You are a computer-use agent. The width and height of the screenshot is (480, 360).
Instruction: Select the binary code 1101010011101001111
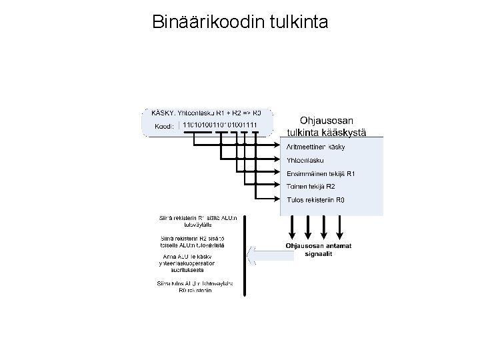coord(220,125)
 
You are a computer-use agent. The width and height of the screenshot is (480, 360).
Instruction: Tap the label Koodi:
coord(164,125)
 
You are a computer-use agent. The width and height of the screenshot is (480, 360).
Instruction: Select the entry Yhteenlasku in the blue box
coord(305,161)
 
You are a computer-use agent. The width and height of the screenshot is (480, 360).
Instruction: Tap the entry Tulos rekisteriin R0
coord(316,199)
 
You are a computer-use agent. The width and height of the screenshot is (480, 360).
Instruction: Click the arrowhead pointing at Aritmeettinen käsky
coord(278,145)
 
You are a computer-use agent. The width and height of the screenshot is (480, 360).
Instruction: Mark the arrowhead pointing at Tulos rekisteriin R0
coord(278,199)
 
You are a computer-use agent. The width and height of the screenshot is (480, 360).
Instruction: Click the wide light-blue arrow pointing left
coord(270,253)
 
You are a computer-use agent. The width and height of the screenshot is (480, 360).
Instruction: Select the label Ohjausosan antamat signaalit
coord(319,250)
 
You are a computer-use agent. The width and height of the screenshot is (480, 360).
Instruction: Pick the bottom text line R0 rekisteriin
coord(195,290)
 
